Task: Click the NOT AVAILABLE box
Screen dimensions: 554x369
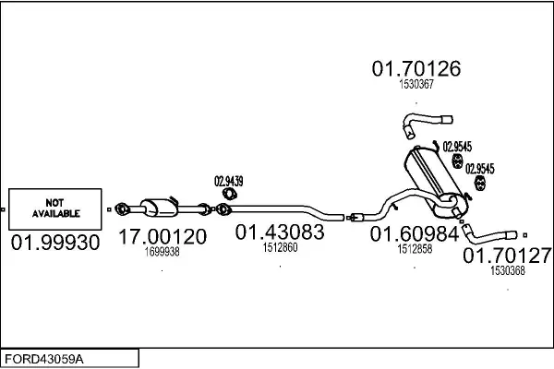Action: pos(55,209)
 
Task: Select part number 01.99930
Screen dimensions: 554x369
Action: pos(55,243)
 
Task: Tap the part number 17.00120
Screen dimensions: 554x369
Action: pos(163,236)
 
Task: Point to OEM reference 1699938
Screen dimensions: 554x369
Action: pos(163,252)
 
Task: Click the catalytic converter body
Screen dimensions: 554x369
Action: pos(159,208)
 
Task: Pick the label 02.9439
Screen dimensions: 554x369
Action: pos(229,182)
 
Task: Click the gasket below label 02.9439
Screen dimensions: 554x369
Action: pos(230,195)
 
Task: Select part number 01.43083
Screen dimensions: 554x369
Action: pos(280,232)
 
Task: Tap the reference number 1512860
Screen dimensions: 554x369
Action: pos(280,247)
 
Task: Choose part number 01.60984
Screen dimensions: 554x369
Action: pos(415,233)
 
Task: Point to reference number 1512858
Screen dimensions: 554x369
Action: pos(415,249)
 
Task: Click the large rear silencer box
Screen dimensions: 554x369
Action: pos(434,180)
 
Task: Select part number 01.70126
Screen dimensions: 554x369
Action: pos(416,68)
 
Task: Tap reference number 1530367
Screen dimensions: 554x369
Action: pos(416,84)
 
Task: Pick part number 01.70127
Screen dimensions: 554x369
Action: pos(507,256)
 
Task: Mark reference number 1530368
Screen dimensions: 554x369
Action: pos(508,270)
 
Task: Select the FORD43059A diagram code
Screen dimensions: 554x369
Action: pos(44,359)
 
